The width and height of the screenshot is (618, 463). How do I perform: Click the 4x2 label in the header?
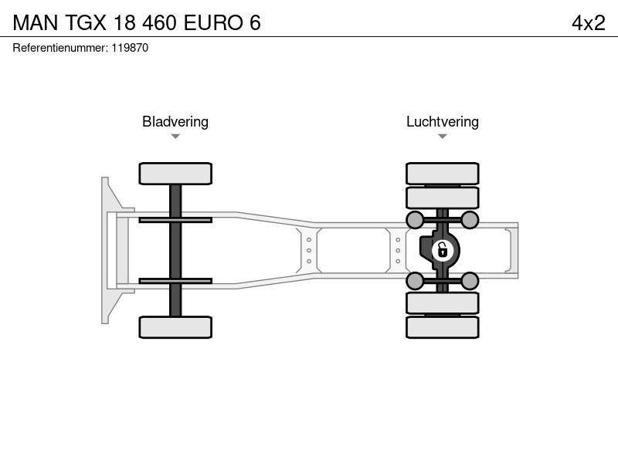point(588,23)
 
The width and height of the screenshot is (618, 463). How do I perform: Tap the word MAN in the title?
point(36,23)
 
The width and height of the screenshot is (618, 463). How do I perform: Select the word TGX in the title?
point(86,23)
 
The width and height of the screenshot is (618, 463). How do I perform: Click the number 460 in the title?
point(159,23)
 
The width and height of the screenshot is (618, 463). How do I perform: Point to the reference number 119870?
point(130,48)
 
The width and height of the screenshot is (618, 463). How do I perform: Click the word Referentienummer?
point(60,48)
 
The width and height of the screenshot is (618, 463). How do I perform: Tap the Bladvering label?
point(175,122)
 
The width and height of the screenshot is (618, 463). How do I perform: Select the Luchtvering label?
point(443,122)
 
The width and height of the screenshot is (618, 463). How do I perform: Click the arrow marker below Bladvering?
point(175,137)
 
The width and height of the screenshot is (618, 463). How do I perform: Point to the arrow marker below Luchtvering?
point(442,137)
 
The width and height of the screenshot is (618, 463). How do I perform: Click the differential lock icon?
point(443,250)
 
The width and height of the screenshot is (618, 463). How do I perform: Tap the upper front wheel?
point(175,174)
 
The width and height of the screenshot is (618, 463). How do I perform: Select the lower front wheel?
point(175,327)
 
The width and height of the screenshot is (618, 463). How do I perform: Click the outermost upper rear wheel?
point(443,173)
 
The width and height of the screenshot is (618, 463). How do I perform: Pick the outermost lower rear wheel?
point(443,327)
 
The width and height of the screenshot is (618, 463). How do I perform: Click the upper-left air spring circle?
point(415,220)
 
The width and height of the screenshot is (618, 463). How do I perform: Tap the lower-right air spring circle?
point(470,281)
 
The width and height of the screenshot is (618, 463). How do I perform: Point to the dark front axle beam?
point(175,250)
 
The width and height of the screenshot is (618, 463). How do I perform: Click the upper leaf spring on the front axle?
point(175,220)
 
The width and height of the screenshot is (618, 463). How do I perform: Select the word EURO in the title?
point(213,23)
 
